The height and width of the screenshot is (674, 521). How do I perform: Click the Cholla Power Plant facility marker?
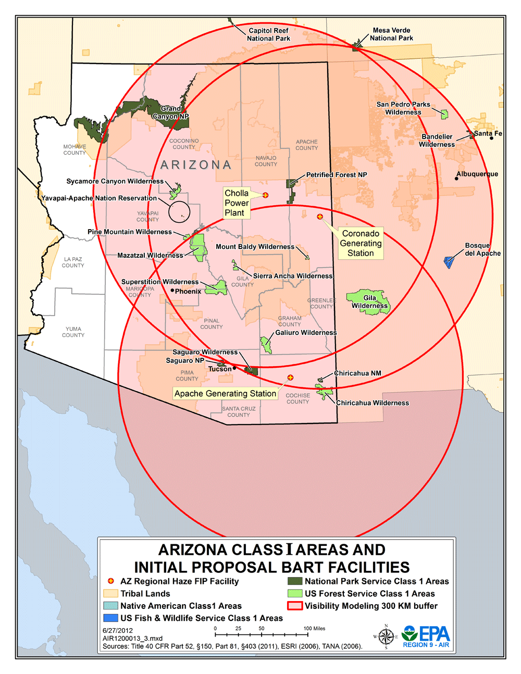265,195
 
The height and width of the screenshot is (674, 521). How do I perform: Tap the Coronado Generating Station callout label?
361,243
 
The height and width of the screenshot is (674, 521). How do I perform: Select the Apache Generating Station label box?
225,394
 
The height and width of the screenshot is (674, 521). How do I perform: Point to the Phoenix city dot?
172,290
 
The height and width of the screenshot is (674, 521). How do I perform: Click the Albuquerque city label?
477,174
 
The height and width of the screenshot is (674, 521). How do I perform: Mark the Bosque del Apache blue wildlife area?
448,261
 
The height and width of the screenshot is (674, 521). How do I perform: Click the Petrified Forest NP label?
337,175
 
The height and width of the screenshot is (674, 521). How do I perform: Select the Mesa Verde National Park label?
391,34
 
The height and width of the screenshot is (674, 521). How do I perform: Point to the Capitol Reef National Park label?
268,34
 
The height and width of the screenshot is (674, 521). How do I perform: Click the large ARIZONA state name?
195,165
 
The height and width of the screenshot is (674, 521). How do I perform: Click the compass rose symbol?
386,636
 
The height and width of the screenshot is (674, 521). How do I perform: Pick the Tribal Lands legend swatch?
110,594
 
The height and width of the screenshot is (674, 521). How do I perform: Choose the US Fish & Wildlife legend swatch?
110,618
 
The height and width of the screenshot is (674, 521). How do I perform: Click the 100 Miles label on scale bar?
315,629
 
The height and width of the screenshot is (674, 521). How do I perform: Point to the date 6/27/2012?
118,630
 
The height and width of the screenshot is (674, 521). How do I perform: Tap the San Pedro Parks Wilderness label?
403,108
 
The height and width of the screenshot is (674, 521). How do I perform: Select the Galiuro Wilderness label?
306,333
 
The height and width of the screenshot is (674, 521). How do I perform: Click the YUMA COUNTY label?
73,332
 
